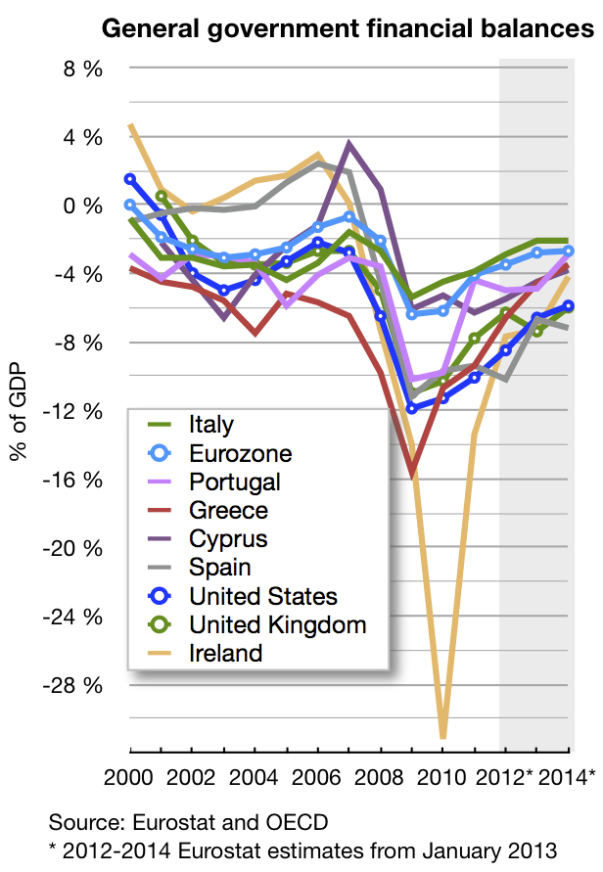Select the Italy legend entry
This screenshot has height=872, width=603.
click(x=210, y=425)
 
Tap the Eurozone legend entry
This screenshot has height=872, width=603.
click(x=240, y=453)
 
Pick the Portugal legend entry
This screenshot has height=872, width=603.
click(x=234, y=482)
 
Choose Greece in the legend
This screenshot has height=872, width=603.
click(x=227, y=510)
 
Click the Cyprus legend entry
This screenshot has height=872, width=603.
click(x=227, y=538)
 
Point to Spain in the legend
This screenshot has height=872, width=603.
click(x=220, y=567)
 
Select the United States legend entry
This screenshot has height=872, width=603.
click(x=262, y=596)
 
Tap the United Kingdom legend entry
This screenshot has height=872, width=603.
click(x=277, y=624)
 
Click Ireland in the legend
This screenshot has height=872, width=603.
click(x=225, y=653)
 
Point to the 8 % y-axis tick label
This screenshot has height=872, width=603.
click(x=83, y=69)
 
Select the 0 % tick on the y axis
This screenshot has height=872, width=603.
click(x=83, y=206)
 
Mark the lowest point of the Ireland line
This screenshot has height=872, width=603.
click(x=442, y=736)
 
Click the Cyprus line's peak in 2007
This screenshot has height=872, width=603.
click(x=349, y=144)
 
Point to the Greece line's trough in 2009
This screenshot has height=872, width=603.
click(x=412, y=474)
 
